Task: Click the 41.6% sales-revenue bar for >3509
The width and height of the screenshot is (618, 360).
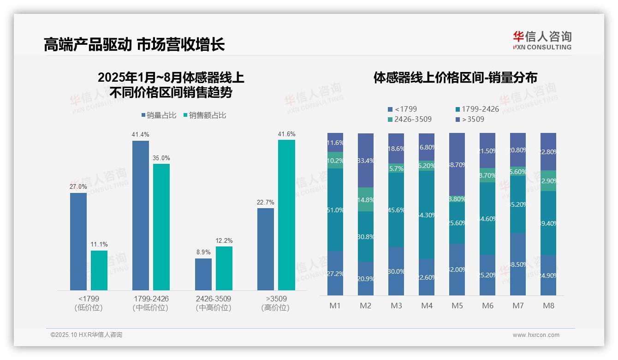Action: click(286, 215)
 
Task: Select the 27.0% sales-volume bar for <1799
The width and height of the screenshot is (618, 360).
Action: click(78, 241)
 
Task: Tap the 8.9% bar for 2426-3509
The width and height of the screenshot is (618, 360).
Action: click(203, 274)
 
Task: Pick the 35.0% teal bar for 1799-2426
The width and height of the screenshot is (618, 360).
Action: click(161, 227)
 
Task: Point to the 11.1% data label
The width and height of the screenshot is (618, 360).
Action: click(99, 244)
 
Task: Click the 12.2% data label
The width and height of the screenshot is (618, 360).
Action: click(224, 240)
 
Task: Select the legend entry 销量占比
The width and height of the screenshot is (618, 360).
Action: click(159, 115)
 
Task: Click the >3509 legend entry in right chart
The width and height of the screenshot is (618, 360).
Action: click(470, 120)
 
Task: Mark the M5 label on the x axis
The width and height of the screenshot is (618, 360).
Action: click(457, 306)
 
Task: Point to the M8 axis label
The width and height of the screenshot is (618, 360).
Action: click(548, 306)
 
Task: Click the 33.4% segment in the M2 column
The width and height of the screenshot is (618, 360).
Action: click(366, 161)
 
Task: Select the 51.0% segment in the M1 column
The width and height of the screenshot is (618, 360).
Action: click(335, 210)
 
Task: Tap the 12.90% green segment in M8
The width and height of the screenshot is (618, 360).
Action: click(548, 181)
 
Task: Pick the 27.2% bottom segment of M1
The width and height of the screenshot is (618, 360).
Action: click(335, 273)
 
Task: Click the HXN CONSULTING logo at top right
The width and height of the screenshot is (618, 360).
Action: click(542, 41)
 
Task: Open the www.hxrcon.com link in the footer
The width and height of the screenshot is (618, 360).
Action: click(536, 335)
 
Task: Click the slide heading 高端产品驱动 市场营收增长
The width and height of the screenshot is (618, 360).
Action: click(134, 44)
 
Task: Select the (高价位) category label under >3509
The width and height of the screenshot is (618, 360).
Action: click(275, 308)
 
